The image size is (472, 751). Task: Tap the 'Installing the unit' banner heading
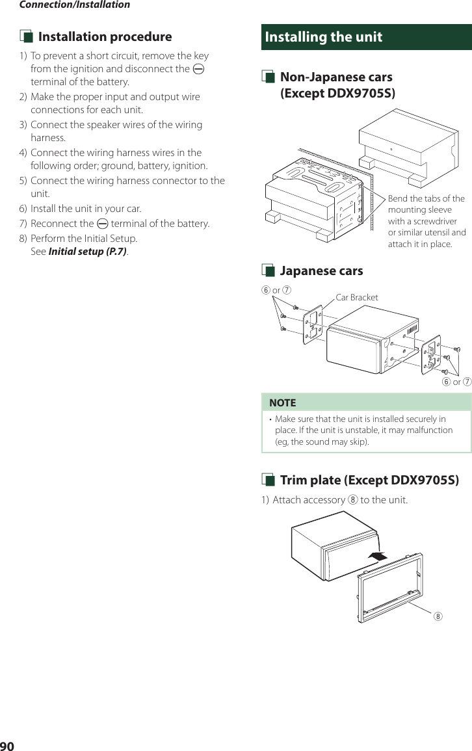tap(324, 37)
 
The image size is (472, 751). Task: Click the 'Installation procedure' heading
tap(105, 37)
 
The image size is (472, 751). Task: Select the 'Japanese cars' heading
tap(321, 271)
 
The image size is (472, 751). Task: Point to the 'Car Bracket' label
tap(357, 298)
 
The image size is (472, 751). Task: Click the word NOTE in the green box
tap(282, 403)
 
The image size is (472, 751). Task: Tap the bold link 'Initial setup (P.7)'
tap(88, 252)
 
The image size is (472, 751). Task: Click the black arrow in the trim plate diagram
tap(376, 556)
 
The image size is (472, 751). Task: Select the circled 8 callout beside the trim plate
tap(438, 616)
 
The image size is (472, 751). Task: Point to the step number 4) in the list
tap(23, 153)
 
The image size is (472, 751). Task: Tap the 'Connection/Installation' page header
tap(74, 5)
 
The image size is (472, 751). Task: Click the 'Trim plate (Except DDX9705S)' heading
tap(369, 481)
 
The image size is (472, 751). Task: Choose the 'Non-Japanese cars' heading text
tap(335, 77)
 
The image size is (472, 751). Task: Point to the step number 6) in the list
tap(23, 209)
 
